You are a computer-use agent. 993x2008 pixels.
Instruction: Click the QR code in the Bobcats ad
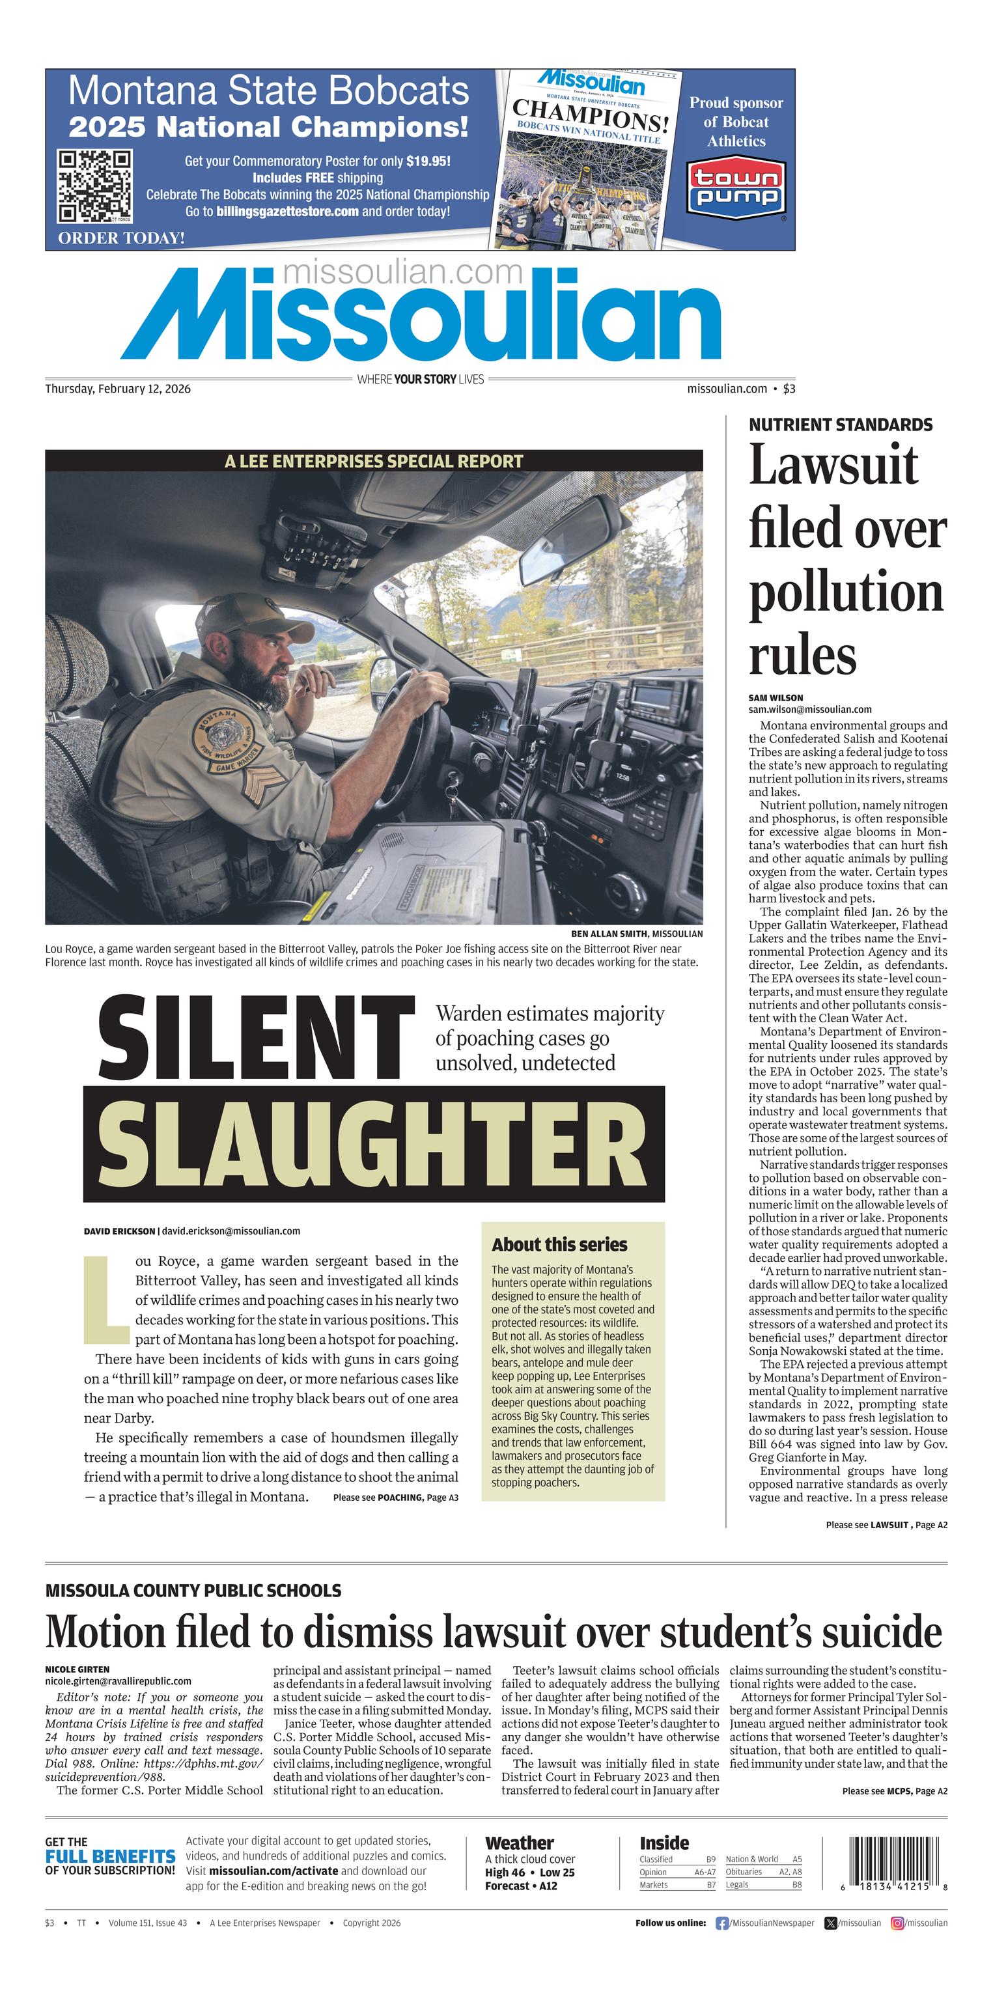point(94,186)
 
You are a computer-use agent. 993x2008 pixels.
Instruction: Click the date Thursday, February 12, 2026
point(118,389)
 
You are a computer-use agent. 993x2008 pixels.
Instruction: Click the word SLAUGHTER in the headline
point(373,1143)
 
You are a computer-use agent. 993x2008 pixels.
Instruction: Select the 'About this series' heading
point(559,1244)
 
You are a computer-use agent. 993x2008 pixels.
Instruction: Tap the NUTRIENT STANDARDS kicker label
point(840,425)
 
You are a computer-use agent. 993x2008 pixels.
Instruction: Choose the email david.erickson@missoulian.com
point(231,1231)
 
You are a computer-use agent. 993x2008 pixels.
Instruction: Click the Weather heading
point(519,1843)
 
